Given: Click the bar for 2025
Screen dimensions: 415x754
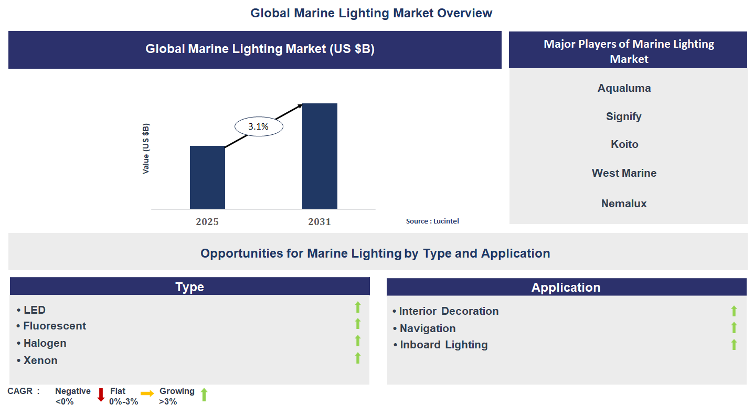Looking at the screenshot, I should pyautogui.click(x=207, y=177).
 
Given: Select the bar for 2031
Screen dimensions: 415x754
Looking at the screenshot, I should pyautogui.click(x=320, y=156).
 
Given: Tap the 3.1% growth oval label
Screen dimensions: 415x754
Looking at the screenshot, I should pyautogui.click(x=259, y=126).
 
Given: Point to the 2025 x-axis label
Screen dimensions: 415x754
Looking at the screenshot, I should pyautogui.click(x=207, y=221).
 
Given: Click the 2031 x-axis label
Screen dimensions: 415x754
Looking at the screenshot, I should pyautogui.click(x=320, y=221).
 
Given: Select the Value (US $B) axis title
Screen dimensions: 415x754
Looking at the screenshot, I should pyautogui.click(x=146, y=149).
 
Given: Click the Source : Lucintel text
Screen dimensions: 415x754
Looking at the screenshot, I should pyautogui.click(x=432, y=221).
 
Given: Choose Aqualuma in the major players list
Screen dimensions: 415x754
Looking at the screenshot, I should pyautogui.click(x=624, y=88).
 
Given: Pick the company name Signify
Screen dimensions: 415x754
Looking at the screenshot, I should pyautogui.click(x=624, y=116).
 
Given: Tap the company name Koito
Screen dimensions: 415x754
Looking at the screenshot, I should pyautogui.click(x=624, y=144).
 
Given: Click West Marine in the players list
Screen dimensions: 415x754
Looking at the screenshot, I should pyautogui.click(x=624, y=173).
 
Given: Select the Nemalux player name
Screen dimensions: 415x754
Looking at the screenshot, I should pyautogui.click(x=624, y=204).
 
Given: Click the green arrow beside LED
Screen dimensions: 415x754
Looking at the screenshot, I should pyautogui.click(x=358, y=307).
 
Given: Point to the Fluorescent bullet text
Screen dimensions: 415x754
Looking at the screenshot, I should pyautogui.click(x=55, y=326).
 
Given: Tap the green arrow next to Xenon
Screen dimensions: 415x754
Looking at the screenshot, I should pyautogui.click(x=358, y=358).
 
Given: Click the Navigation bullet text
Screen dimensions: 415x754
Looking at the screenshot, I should pyautogui.click(x=428, y=328).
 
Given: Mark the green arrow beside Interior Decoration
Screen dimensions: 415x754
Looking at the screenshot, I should pyautogui.click(x=734, y=311).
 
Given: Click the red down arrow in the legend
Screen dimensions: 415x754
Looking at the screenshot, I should pyautogui.click(x=101, y=395).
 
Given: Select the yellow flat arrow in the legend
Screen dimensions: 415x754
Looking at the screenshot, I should pyautogui.click(x=147, y=393).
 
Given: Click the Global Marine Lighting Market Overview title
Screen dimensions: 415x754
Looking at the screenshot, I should pyautogui.click(x=371, y=13).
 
